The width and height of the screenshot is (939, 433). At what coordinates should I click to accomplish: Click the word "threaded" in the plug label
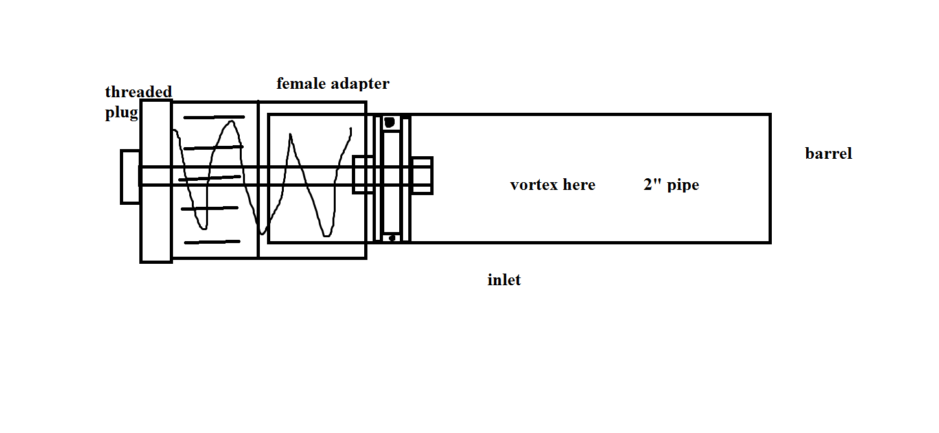(138, 92)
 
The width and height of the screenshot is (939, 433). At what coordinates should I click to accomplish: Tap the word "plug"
(121, 113)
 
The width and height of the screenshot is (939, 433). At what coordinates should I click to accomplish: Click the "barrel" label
(828, 154)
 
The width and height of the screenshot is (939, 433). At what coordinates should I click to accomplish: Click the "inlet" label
(504, 280)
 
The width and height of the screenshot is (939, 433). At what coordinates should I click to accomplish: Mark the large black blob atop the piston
(389, 122)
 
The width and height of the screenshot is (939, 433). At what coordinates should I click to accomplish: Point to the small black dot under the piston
(391, 239)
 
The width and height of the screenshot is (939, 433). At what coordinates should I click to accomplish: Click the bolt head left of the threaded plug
(130, 176)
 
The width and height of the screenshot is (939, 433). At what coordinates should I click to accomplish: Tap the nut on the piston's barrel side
(421, 175)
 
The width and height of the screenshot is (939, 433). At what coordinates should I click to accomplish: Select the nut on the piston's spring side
(363, 175)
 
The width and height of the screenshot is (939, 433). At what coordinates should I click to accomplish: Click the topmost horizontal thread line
(214, 117)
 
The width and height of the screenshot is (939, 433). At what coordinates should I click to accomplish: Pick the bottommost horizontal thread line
(212, 242)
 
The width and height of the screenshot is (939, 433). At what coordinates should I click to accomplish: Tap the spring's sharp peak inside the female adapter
(291, 135)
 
